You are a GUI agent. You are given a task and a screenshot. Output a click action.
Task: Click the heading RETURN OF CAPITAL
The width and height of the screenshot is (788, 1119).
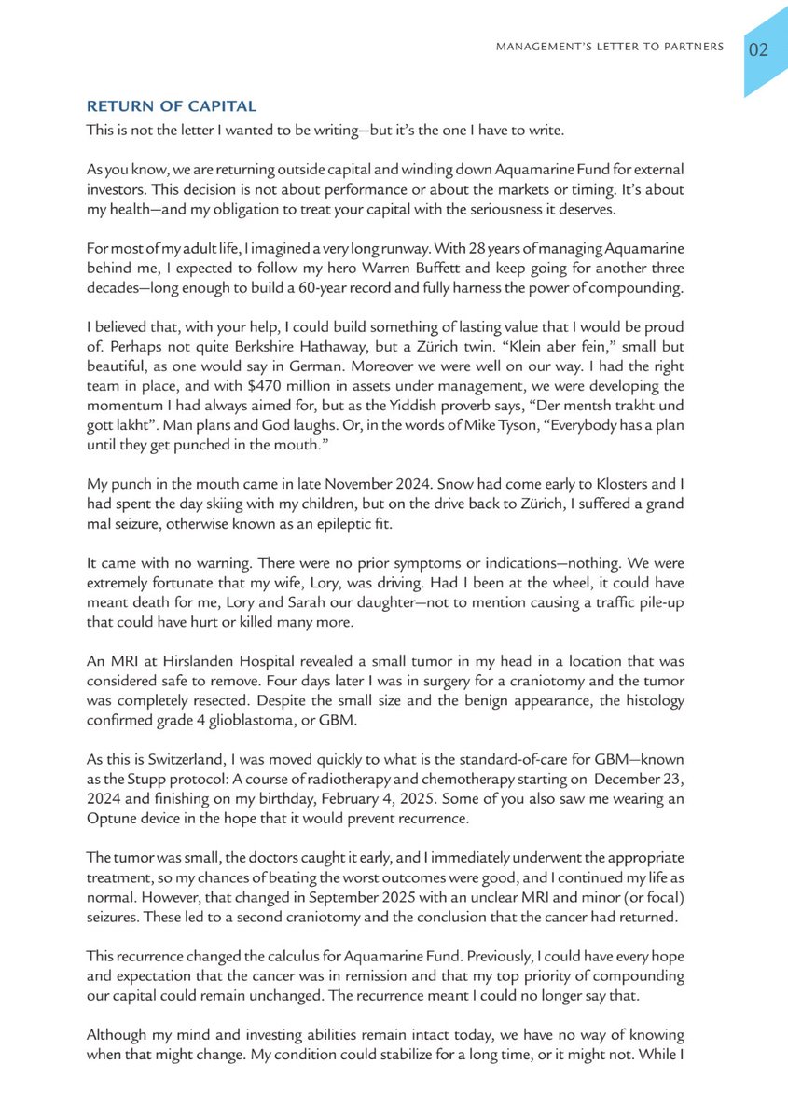pos(171,106)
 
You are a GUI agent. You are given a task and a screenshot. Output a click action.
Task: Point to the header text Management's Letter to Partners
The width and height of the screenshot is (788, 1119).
pos(611,47)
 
